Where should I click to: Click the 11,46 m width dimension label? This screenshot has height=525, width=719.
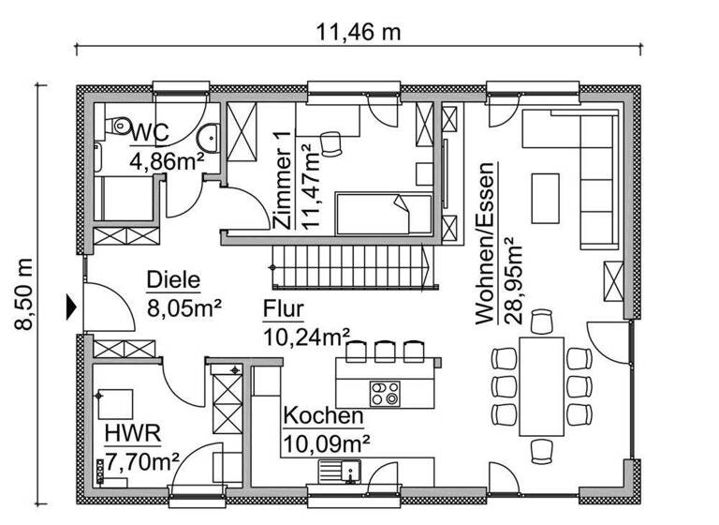(x=359, y=32)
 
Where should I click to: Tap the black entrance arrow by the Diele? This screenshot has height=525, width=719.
(x=70, y=305)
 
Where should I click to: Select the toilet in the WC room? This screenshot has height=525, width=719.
(x=116, y=127)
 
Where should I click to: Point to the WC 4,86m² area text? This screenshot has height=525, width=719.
(x=167, y=145)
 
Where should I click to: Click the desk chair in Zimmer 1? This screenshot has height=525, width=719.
(x=330, y=142)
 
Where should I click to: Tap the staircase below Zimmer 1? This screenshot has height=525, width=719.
(x=354, y=265)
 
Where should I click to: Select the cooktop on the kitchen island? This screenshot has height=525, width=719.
(x=385, y=390)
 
